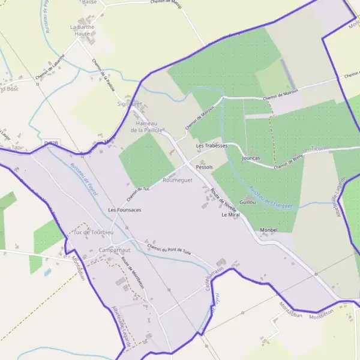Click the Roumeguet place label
click(x=178, y=179)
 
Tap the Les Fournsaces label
click(x=125, y=210)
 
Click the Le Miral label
click(x=231, y=215)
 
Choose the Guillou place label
click(x=248, y=202)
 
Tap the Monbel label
click(x=271, y=230)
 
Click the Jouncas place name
click(x=251, y=158)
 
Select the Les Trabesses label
click(x=212, y=146)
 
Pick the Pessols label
click(x=205, y=167)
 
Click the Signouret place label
click(x=130, y=103)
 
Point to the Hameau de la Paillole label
click(x=145, y=127)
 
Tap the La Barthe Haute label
click(x=82, y=31)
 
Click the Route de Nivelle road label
click(x=223, y=201)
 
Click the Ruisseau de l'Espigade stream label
click(x=271, y=197)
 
